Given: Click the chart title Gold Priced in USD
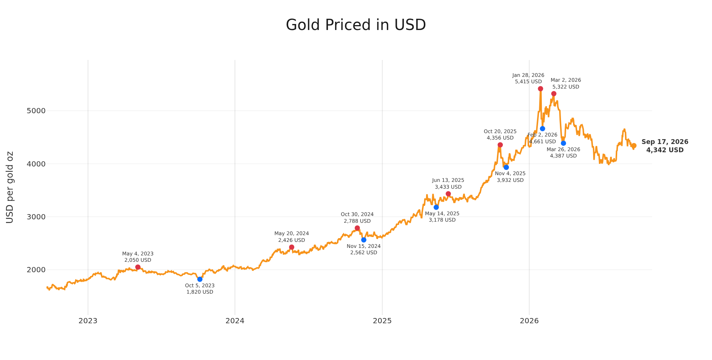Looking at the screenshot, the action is (356, 25).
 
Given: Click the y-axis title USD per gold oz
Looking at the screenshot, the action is (10, 187).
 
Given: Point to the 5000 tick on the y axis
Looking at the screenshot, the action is (36, 111).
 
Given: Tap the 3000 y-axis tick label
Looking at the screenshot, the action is (36, 217).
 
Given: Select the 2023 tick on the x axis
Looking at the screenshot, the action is (88, 321).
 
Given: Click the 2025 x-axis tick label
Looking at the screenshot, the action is (382, 321).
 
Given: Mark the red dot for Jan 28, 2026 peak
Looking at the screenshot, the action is (540, 89).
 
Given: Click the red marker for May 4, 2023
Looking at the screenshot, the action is (138, 267).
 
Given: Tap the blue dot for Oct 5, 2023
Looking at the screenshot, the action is (200, 279).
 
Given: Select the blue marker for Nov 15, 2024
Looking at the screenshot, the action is (363, 240).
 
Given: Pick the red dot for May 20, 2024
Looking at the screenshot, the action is (292, 247).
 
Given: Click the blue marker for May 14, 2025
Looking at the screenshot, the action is (436, 207).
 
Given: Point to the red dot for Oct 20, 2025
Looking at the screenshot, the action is (500, 145).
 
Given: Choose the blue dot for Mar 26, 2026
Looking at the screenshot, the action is (563, 143).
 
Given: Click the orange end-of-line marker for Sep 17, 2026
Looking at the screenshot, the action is (634, 145).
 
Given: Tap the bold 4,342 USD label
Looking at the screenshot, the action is (665, 150).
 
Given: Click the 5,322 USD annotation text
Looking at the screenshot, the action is (566, 87).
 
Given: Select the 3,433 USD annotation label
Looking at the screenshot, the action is (448, 187).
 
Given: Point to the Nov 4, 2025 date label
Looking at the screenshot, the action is (510, 174).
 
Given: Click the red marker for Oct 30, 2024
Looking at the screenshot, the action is (357, 228).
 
